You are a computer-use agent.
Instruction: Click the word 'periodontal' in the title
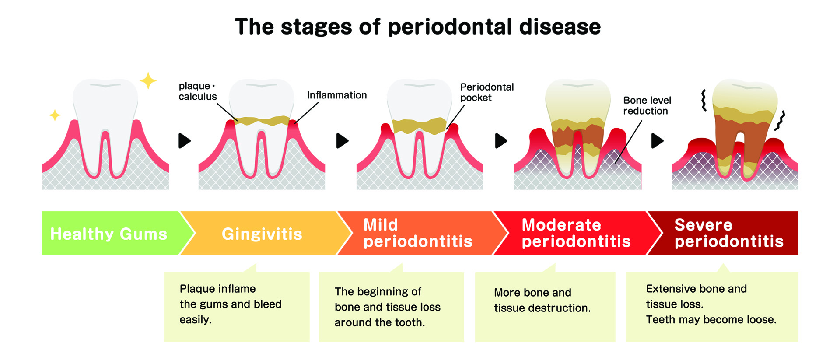pos(450,27)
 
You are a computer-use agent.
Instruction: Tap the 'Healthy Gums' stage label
pos(109,234)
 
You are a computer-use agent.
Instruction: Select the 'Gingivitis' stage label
pos(262,234)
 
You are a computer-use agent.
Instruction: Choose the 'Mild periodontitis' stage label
pos(418,233)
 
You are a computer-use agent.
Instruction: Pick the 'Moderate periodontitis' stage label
pos(576,233)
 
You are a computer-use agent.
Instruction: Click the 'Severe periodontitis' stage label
pos(729,233)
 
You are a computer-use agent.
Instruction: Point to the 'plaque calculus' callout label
pos(197,91)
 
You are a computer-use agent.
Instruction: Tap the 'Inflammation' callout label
pos(336,95)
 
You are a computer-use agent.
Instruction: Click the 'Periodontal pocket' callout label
pos(486,92)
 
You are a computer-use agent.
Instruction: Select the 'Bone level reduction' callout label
pos(647,105)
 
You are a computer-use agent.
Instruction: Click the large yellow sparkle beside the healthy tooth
pos(148,81)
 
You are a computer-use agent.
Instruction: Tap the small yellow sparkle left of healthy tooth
pos(55,115)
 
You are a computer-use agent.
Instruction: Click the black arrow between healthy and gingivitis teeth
pos(185,141)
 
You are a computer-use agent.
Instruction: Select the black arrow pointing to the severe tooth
pos(657,141)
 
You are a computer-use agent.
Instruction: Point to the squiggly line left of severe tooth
pos(703,100)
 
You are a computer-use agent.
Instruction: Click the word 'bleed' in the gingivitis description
pos(267,304)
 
